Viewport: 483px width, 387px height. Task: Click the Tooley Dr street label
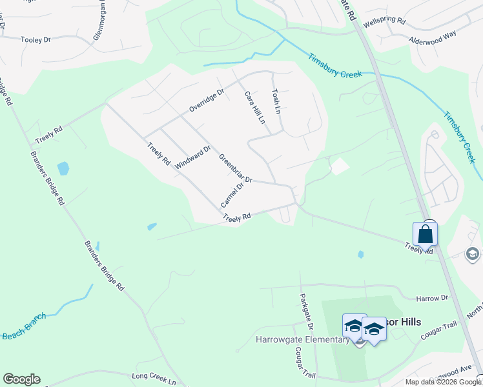pos(36,40)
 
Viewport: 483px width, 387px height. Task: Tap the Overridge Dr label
pos(206,101)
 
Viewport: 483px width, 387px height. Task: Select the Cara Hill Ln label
pos(254,107)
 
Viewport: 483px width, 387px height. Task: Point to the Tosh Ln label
pos(277,101)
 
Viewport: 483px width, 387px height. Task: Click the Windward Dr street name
pos(192,157)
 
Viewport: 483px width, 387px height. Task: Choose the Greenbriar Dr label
pos(234,168)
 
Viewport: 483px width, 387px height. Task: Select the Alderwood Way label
pos(433,39)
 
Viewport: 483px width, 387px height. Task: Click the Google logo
pos(21,379)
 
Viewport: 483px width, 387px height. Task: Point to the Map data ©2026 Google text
pos(443,382)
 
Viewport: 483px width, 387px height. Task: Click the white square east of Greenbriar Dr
pos(339,166)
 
